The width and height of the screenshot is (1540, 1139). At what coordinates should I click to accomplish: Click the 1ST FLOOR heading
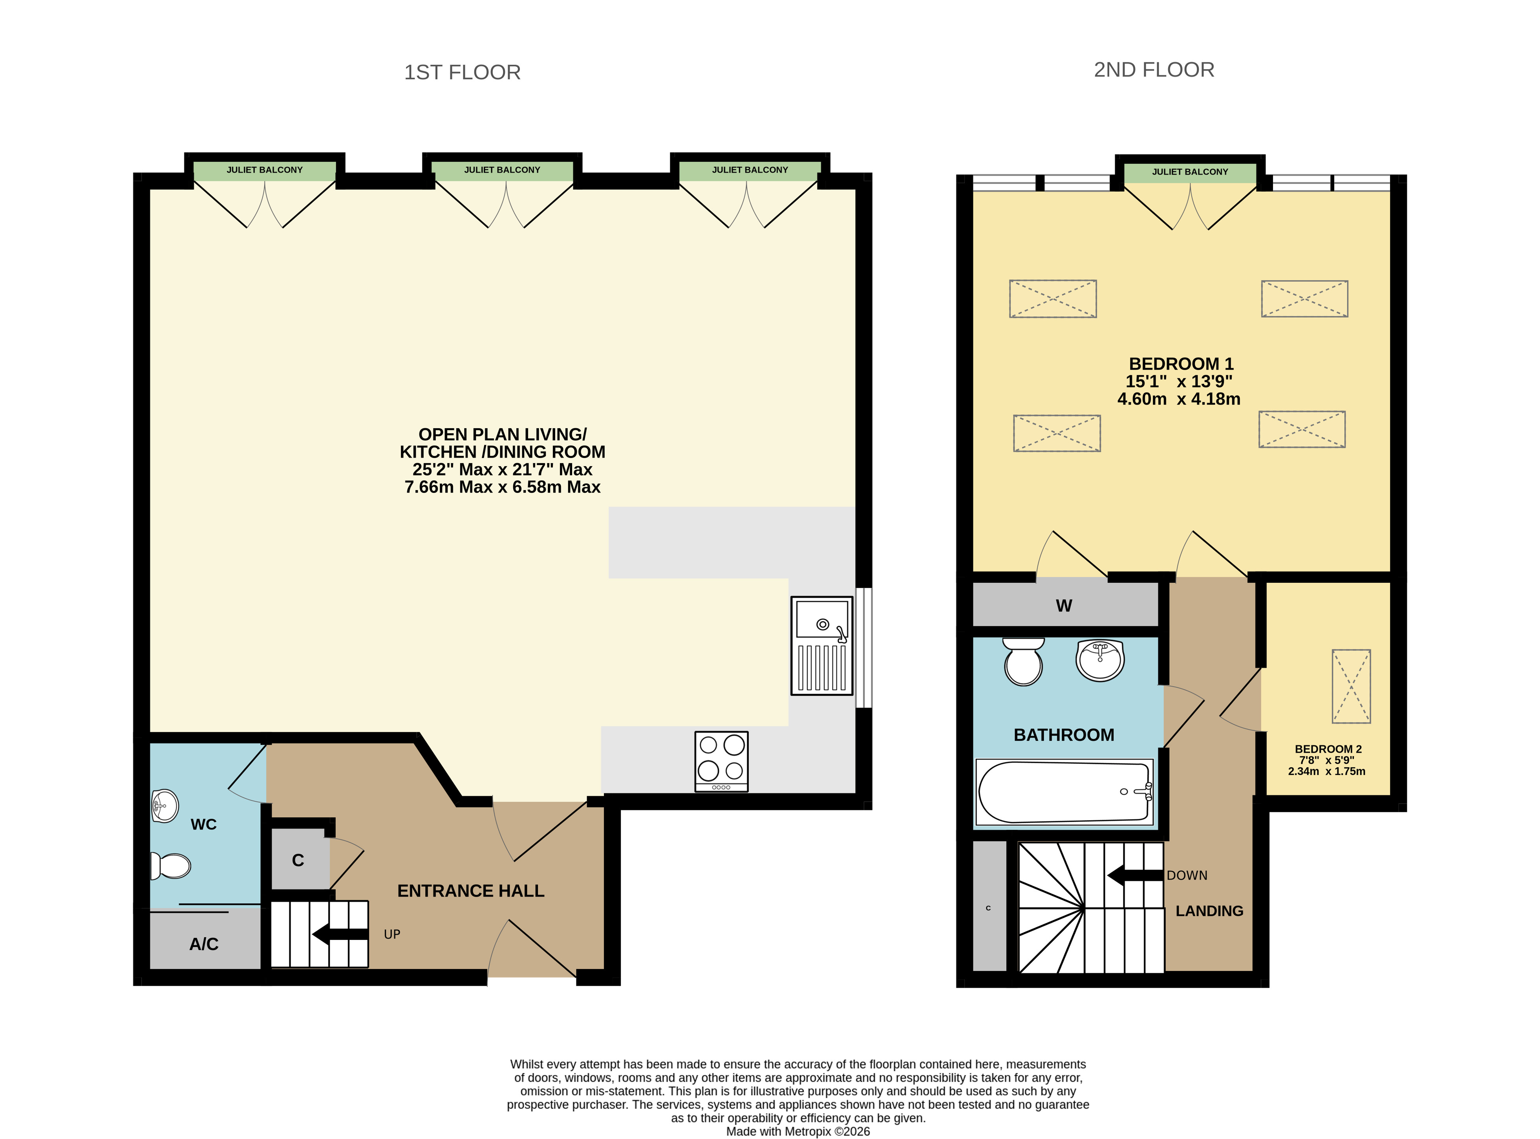coord(462,72)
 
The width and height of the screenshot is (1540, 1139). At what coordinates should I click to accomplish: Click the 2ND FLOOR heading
coord(1154,70)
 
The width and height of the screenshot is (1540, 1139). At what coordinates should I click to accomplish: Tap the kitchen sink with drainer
coord(822,645)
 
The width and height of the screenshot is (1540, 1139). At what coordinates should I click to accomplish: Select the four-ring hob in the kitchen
coord(721,761)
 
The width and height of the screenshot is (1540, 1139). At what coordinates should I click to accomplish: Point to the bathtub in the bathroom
coord(1065,792)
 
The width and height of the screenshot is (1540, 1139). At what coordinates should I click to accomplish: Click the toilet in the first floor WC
coord(170,866)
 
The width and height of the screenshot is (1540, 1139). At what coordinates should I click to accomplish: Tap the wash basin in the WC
coord(165,805)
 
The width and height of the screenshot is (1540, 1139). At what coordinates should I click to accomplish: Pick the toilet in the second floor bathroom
coord(1024,661)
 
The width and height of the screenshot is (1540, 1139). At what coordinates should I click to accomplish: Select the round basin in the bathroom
coord(1100,660)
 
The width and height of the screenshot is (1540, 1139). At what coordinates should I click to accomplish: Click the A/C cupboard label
coord(204,944)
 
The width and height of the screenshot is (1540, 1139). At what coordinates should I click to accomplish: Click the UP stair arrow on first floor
coord(340,934)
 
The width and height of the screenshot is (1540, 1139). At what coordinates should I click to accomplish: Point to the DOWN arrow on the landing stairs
coord(1135,875)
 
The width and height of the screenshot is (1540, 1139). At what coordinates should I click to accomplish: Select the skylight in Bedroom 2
coord(1351,686)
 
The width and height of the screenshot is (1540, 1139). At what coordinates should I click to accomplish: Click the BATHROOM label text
coord(1064,735)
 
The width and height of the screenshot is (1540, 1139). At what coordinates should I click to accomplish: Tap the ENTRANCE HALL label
coord(471,891)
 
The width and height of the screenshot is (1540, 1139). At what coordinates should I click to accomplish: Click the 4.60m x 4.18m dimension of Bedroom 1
coord(1179,399)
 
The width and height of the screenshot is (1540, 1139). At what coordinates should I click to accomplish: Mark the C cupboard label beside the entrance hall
coord(298,861)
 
